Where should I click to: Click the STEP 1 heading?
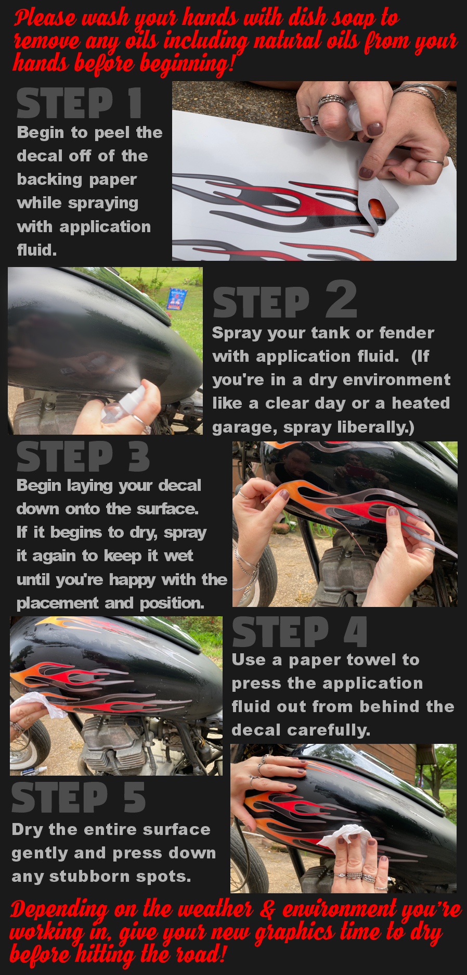coord(79,103)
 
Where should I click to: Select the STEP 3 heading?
coord(83,457)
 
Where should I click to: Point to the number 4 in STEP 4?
coord(356,631)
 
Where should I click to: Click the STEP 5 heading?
coord(79,797)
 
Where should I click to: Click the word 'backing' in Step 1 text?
coord(45,180)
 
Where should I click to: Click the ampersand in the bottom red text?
coord(268,909)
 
